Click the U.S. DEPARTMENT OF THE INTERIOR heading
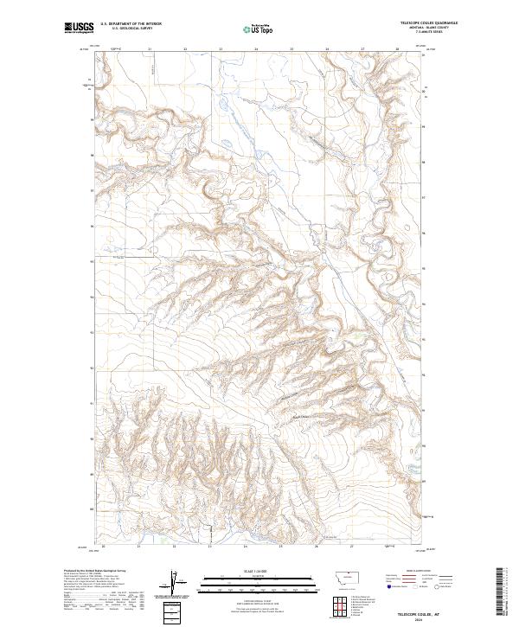click(x=131, y=23)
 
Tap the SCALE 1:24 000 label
click(x=244, y=571)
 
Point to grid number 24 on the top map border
click(x=257, y=49)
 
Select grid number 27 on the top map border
click(x=362, y=49)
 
